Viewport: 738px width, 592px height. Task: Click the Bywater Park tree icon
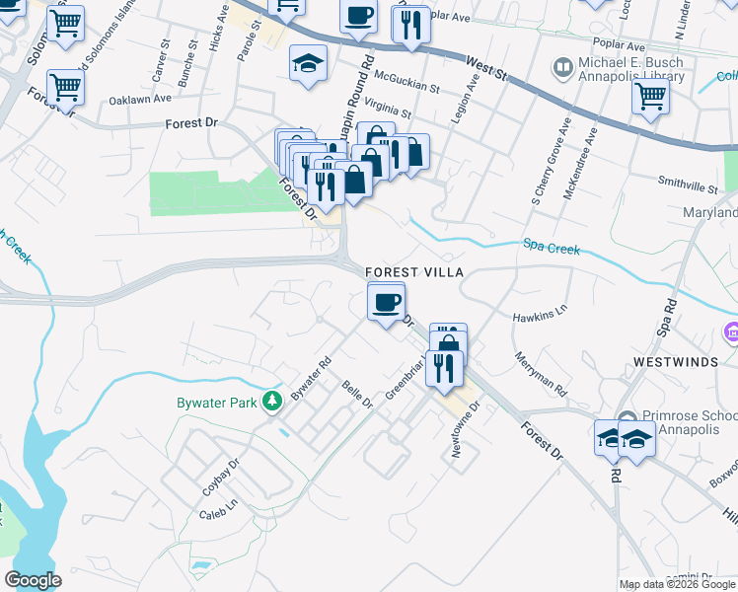tap(270, 402)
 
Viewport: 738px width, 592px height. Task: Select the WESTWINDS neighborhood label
tap(676, 362)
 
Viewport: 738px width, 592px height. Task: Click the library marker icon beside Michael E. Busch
tap(563, 67)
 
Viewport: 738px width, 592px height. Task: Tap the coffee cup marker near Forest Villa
tap(386, 300)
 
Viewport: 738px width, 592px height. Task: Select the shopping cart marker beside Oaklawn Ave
tap(65, 88)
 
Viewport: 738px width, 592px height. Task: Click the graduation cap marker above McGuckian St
tap(308, 64)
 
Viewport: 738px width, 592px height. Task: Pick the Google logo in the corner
tap(33, 580)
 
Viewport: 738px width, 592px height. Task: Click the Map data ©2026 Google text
tap(678, 584)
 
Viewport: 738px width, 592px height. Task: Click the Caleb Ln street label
tap(219, 514)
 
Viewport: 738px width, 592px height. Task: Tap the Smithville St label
tap(689, 185)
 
